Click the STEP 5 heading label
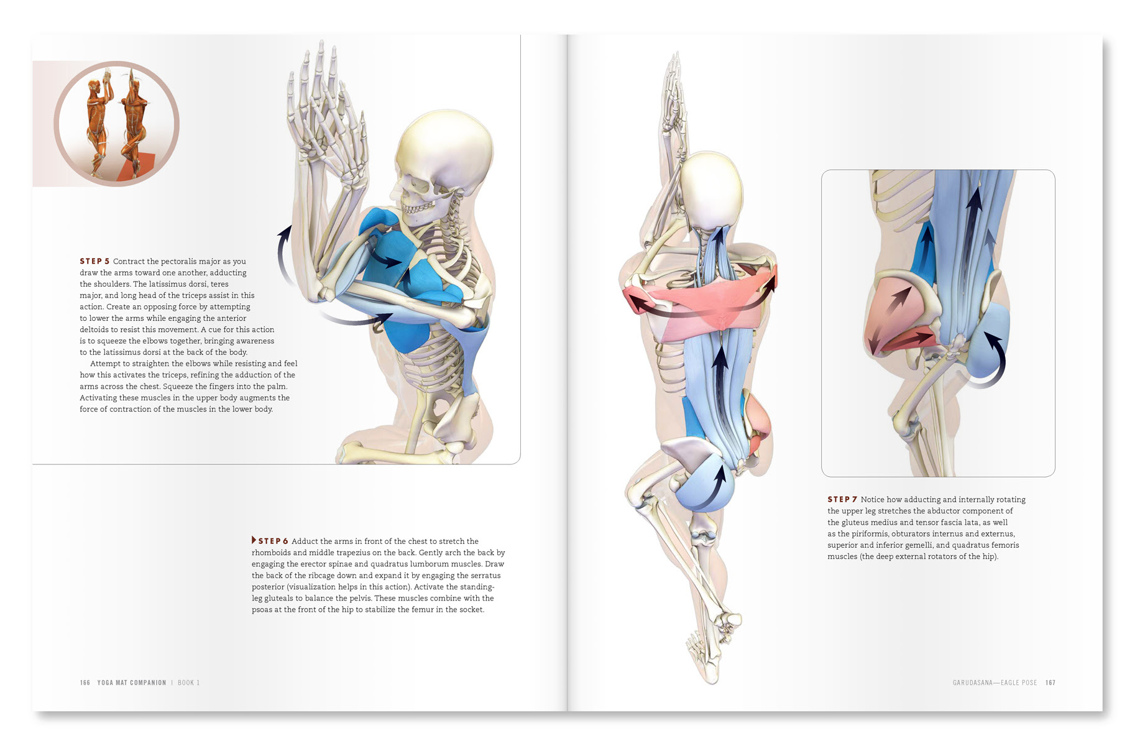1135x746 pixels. pos(94,261)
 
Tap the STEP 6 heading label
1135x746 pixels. pos(273,541)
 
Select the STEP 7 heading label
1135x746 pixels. pos(842,499)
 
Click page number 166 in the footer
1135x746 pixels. pos(85,683)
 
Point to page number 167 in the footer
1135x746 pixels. pos(1050,683)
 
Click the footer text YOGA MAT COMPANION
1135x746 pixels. pos(132,683)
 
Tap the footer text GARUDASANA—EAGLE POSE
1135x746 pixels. pos(995,683)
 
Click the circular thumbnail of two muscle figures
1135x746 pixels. pos(116,123)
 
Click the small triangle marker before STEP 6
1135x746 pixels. pos(254,540)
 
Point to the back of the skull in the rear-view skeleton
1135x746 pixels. pos(712,190)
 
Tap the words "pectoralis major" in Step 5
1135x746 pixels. pos(190,261)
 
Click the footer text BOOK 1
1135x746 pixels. pos(188,683)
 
